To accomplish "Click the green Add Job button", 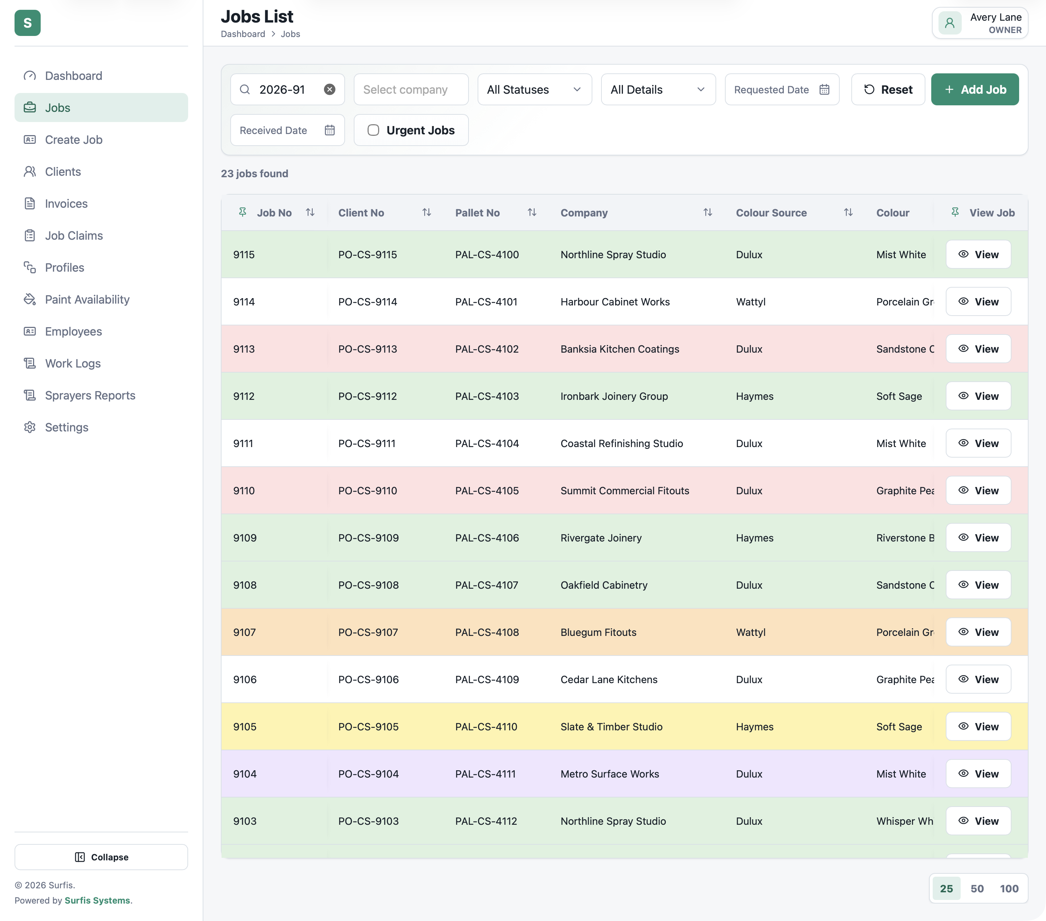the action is (974, 90).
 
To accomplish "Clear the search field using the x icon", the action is (329, 90).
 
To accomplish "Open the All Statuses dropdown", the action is (534, 90).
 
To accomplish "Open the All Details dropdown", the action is (658, 90).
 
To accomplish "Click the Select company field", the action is (411, 90).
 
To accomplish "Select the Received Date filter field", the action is (287, 130).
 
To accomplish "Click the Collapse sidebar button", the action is (101, 857).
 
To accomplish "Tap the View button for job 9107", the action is (978, 632).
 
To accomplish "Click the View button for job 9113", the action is (978, 349).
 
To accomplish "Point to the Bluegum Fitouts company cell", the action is (598, 632).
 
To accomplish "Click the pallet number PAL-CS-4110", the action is (486, 727).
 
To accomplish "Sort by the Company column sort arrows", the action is (708, 212).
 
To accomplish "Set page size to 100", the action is (1009, 889).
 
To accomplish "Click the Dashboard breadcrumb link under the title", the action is (243, 34).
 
